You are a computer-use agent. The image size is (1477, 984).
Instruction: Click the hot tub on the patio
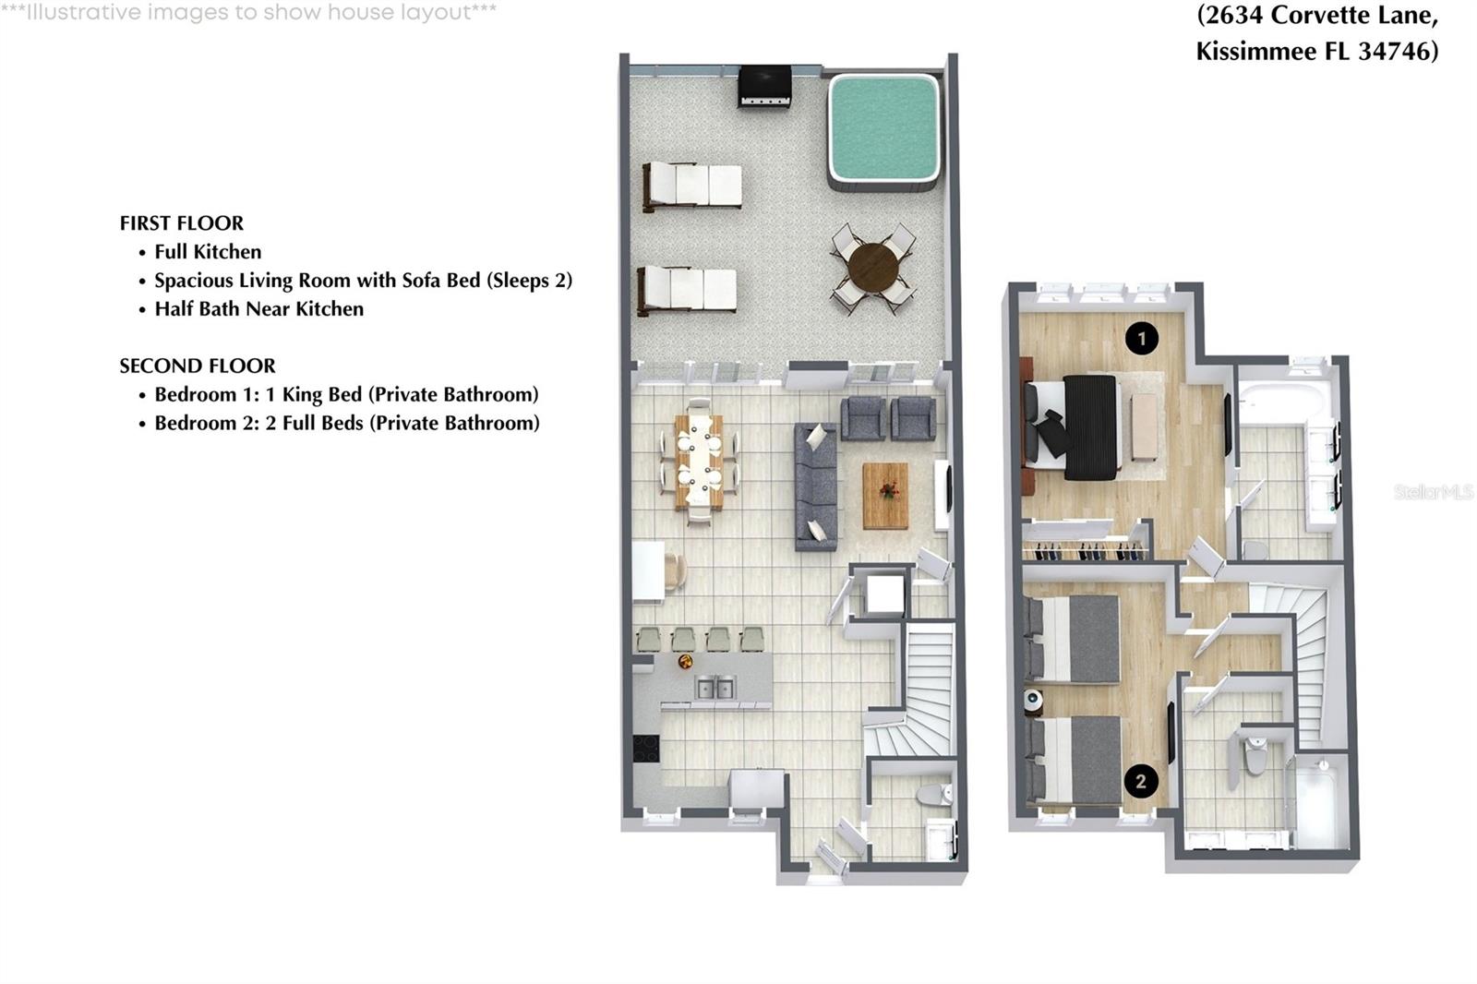click(x=883, y=130)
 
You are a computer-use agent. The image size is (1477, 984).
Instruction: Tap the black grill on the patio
click(x=764, y=86)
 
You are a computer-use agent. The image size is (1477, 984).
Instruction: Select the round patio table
click(x=872, y=267)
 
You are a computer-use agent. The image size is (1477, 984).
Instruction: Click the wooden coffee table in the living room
click(x=885, y=496)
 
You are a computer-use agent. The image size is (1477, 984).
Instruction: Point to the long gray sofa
click(x=816, y=487)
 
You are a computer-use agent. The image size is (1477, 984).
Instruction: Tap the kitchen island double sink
click(x=715, y=688)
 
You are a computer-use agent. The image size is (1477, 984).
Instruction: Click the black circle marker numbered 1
click(x=1142, y=339)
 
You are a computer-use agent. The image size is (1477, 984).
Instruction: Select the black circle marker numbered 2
click(x=1141, y=782)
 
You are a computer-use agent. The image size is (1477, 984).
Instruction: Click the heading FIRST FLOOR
click(x=181, y=223)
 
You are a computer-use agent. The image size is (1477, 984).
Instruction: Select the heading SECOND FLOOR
click(x=197, y=366)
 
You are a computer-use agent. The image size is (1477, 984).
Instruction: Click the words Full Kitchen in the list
click(x=208, y=252)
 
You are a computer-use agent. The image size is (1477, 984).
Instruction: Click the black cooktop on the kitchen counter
click(x=646, y=748)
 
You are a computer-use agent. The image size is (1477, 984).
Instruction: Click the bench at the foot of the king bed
click(x=1145, y=426)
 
